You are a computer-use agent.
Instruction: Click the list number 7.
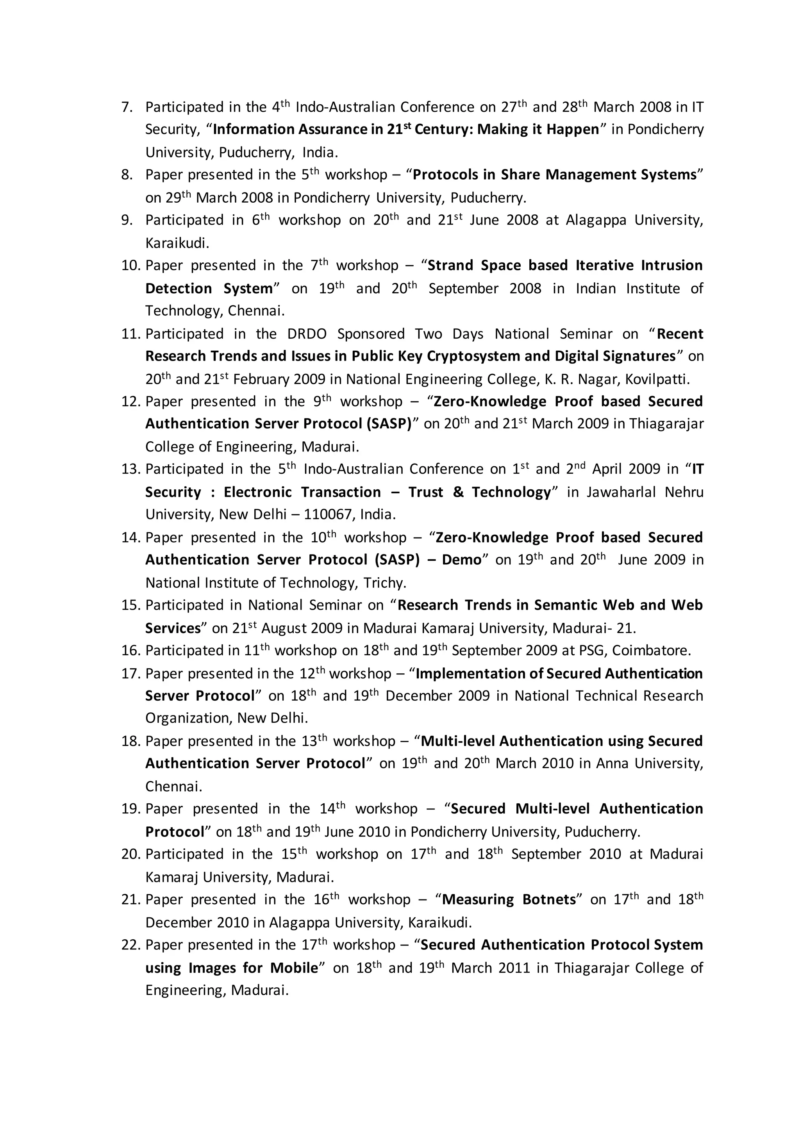[127, 107]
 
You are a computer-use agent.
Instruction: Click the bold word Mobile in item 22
[294, 968]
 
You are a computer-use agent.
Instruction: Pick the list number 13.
[130, 469]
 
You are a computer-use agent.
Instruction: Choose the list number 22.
[130, 945]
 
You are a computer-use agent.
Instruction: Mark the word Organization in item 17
[188, 718]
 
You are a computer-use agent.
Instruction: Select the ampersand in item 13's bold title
[458, 492]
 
